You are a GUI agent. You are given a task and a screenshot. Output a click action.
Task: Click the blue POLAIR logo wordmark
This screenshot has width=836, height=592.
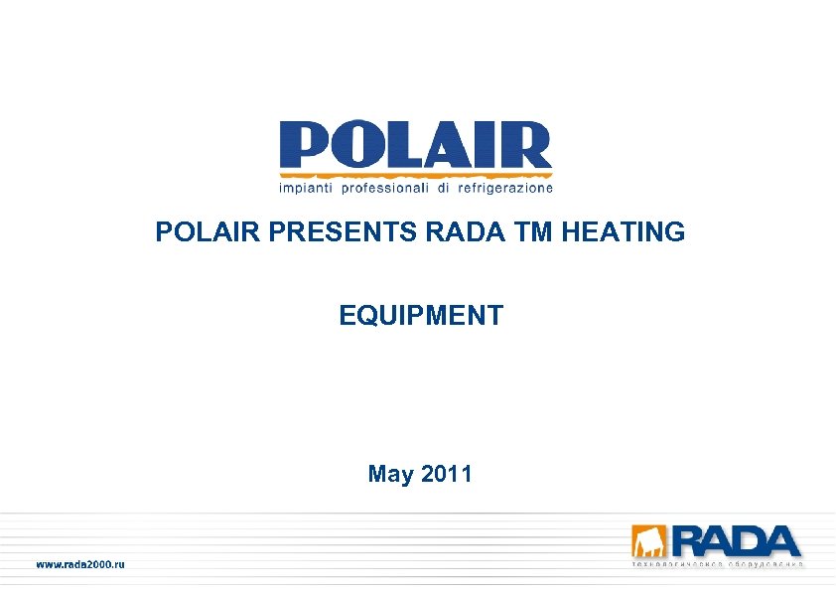(x=415, y=146)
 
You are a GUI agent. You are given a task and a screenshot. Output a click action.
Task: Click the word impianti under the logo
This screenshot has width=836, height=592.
(x=306, y=187)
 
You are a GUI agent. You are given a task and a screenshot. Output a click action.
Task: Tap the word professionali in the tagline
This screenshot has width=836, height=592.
(x=384, y=187)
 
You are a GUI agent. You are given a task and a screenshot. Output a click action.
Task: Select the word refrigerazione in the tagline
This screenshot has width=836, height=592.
(x=503, y=187)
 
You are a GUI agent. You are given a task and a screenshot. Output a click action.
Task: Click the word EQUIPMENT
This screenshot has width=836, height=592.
(x=421, y=316)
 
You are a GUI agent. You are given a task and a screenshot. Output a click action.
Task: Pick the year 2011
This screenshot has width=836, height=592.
(x=447, y=474)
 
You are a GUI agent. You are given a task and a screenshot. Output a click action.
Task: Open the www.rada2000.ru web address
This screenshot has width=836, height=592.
(x=80, y=564)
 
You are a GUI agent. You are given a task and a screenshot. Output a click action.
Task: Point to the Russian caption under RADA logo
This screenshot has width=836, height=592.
(x=717, y=565)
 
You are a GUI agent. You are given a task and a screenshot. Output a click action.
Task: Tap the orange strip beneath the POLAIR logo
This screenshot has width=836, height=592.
(x=415, y=174)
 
